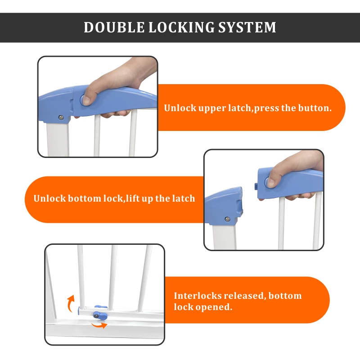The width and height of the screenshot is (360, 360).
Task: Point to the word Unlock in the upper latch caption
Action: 176,108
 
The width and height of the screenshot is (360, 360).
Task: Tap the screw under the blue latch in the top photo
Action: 60,117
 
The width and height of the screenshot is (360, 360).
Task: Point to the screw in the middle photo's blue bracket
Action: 228,219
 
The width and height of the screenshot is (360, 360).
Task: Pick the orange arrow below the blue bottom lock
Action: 100,325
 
